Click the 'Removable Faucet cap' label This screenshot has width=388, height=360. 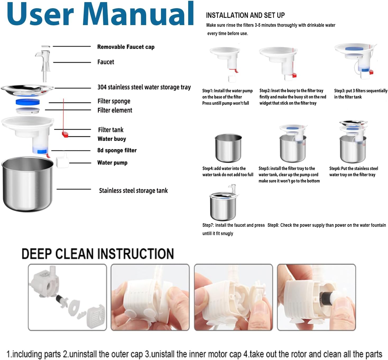tap(126, 47)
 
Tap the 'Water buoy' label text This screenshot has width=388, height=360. tap(112, 139)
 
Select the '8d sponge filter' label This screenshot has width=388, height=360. tap(117, 150)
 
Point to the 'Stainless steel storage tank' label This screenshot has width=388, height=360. tap(133, 190)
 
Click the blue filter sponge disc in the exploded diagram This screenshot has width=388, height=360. tap(28, 102)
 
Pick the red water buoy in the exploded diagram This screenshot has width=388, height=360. tap(65, 134)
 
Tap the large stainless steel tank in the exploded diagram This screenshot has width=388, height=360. tap(28, 184)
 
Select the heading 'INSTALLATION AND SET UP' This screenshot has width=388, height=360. tap(245, 15)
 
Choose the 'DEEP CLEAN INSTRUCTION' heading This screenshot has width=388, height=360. tap(98, 254)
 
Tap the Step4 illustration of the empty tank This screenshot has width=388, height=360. tap(228, 148)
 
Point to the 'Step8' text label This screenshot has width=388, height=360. tap(273, 225)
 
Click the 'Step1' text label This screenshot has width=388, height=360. tap(207, 91)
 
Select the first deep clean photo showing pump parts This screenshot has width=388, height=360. tap(67, 297)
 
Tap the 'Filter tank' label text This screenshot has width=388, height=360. tap(110, 130)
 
